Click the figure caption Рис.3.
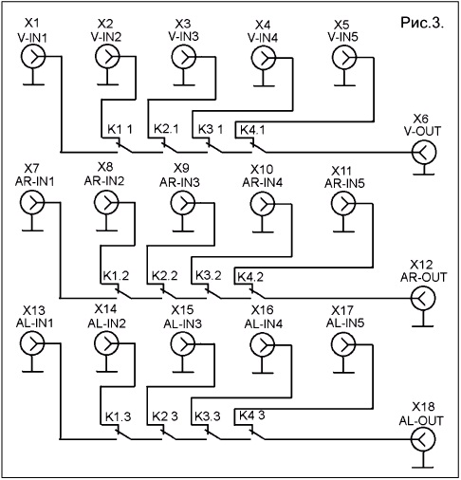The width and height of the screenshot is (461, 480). coord(422,23)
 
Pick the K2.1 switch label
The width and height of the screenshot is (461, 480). coord(166,129)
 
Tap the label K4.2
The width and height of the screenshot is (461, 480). coord(250,277)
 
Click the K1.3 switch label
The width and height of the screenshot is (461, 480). coord(118,416)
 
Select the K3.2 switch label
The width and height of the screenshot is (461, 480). coord(208,275)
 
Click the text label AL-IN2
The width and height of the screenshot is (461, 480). coord(107,323)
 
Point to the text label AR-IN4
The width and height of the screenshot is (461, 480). coord(263,183)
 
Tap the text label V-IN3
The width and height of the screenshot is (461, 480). coord(183,37)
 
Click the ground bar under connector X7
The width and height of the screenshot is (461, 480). coord(32,231)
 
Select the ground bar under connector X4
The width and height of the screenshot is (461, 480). coord(264,85)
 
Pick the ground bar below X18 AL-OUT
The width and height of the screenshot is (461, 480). coord(423,467)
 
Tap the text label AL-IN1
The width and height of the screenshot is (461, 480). coord(35,323)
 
